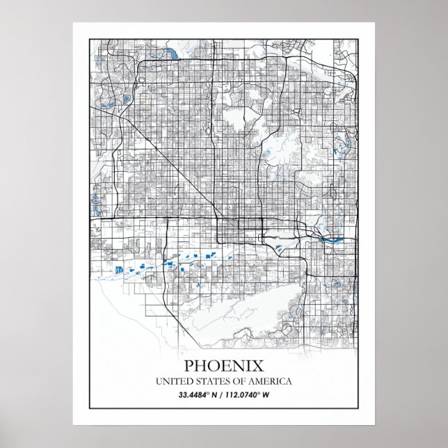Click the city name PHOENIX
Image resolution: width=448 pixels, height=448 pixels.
(x=224, y=366)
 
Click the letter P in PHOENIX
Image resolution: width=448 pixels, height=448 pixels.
(x=189, y=366)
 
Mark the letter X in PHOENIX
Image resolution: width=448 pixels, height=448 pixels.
(x=259, y=366)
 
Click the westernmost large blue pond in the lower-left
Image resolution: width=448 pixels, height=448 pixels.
(x=118, y=269)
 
